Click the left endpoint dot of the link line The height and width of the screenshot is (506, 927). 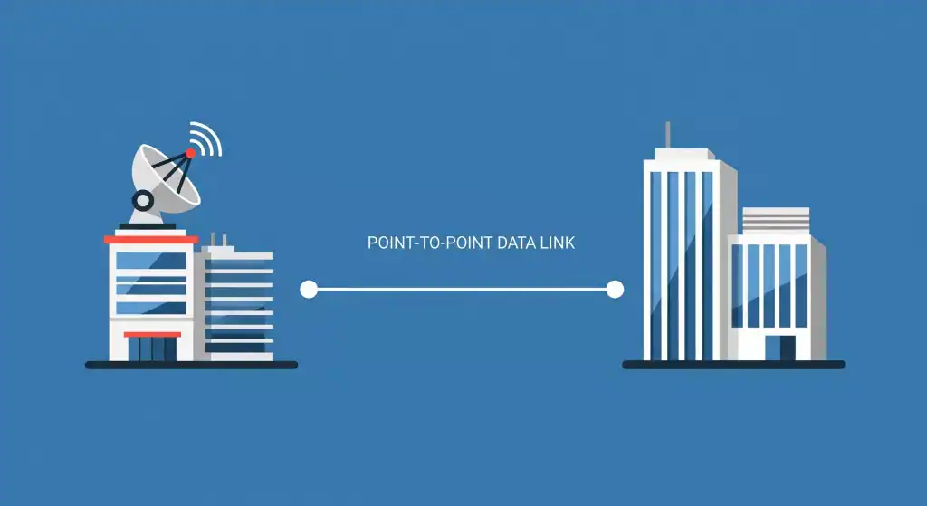point(309,290)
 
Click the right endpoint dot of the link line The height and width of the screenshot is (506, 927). point(615,290)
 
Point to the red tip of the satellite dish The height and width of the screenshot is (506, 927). point(191,153)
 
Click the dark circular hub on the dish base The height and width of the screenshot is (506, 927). point(142,199)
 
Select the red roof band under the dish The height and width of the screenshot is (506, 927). point(151,240)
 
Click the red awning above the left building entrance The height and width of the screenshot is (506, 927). point(152,334)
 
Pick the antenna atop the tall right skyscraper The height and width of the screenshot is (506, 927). point(667,135)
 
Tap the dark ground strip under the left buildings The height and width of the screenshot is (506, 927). point(191,365)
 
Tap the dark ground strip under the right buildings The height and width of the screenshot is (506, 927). point(733,365)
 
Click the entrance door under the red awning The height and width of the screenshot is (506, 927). point(152,349)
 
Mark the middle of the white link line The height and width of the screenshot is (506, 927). point(462,290)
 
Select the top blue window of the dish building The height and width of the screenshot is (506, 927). point(151,261)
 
